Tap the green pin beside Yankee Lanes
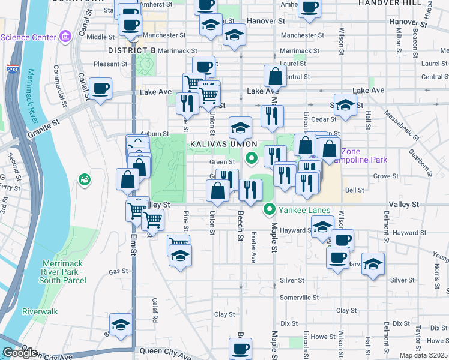tap(270, 209)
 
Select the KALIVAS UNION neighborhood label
tap(223, 145)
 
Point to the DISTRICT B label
tap(132, 50)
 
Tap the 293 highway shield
tap(12, 70)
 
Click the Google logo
tap(20, 353)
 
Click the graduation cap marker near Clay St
tap(121, 325)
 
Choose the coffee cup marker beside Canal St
tap(100, 89)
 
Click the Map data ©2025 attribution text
tap(424, 355)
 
